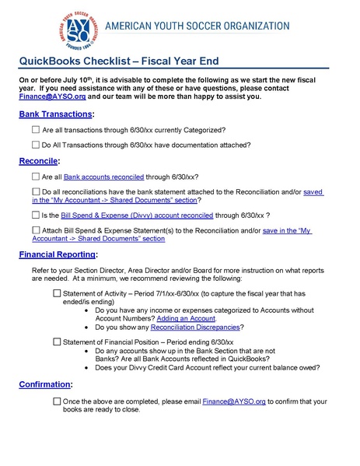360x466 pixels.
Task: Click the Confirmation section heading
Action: click(46, 385)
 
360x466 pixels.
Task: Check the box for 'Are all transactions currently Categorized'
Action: click(36, 129)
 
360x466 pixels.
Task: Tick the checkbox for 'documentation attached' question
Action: click(36, 145)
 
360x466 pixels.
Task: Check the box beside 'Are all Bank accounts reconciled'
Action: click(36, 177)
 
